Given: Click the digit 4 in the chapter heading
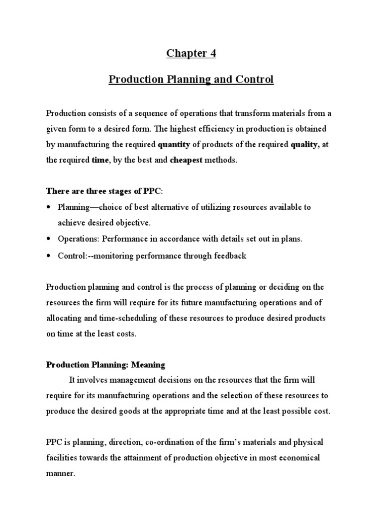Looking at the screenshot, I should tap(212, 54).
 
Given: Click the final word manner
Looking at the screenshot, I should tap(60, 474).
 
